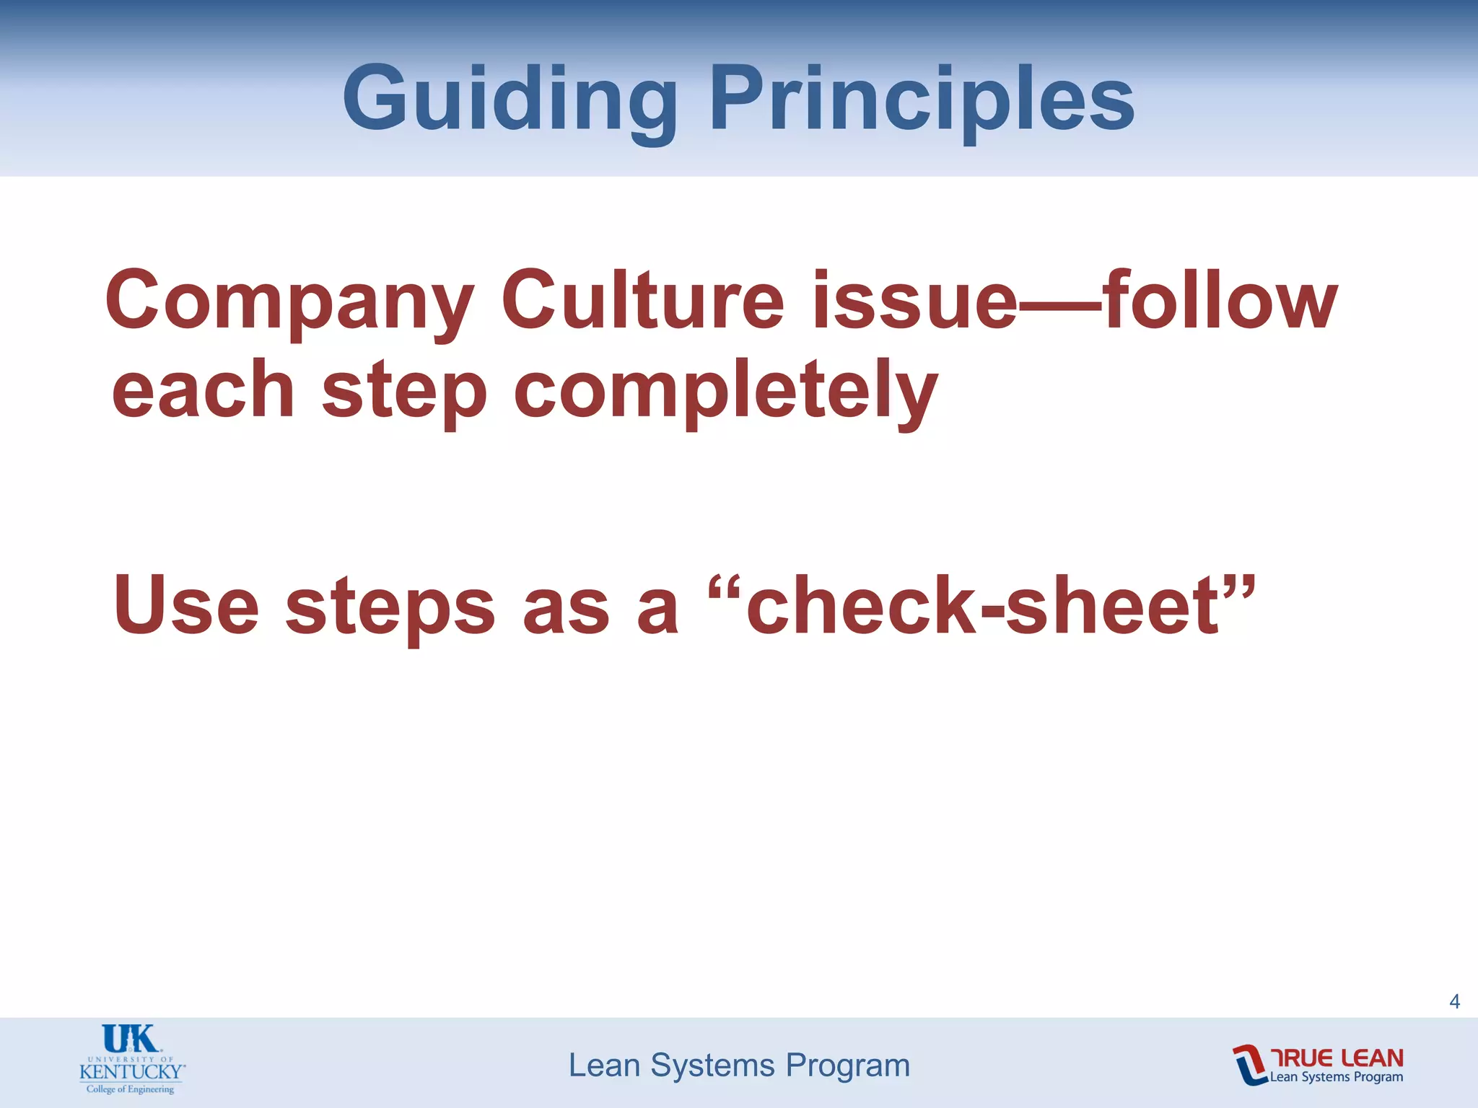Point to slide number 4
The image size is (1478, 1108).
tap(1454, 1001)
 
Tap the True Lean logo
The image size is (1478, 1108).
tap(1318, 1065)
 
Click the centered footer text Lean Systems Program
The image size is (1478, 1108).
tap(739, 1065)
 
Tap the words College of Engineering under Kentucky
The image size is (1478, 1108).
tap(131, 1089)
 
